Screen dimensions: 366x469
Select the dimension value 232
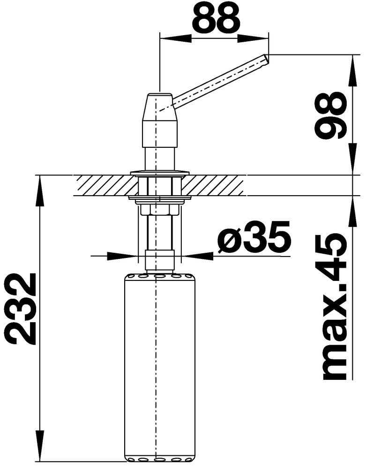(x=21, y=309)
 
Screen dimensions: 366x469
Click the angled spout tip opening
(x=266, y=59)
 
